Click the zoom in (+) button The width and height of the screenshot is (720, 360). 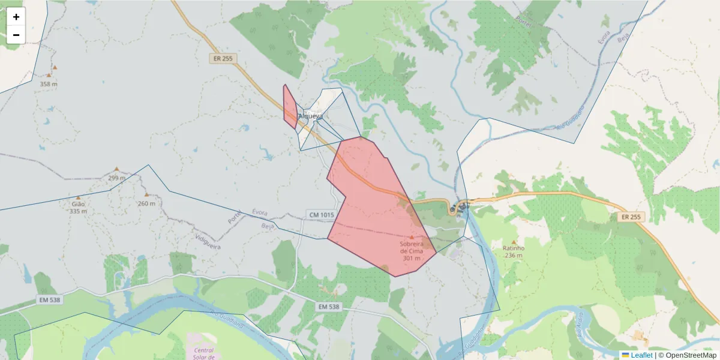pos(16,17)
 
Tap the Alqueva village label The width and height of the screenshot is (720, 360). pos(311,116)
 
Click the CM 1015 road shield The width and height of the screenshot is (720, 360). pos(321,215)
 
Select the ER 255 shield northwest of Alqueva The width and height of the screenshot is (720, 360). pos(223,58)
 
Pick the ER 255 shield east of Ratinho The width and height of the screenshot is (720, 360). pos(631,217)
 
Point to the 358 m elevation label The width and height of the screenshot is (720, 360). pos(49,84)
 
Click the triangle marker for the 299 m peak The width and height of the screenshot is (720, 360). pos(116,169)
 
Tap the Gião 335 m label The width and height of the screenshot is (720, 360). pos(78,207)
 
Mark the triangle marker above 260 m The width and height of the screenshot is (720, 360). pos(146,194)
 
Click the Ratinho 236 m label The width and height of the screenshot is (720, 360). pos(514,252)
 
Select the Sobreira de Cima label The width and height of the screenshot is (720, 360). pos(412,247)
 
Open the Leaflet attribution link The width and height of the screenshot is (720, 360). pos(641,355)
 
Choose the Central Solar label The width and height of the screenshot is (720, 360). pos(204,351)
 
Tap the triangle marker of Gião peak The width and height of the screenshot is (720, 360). pos(78,197)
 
